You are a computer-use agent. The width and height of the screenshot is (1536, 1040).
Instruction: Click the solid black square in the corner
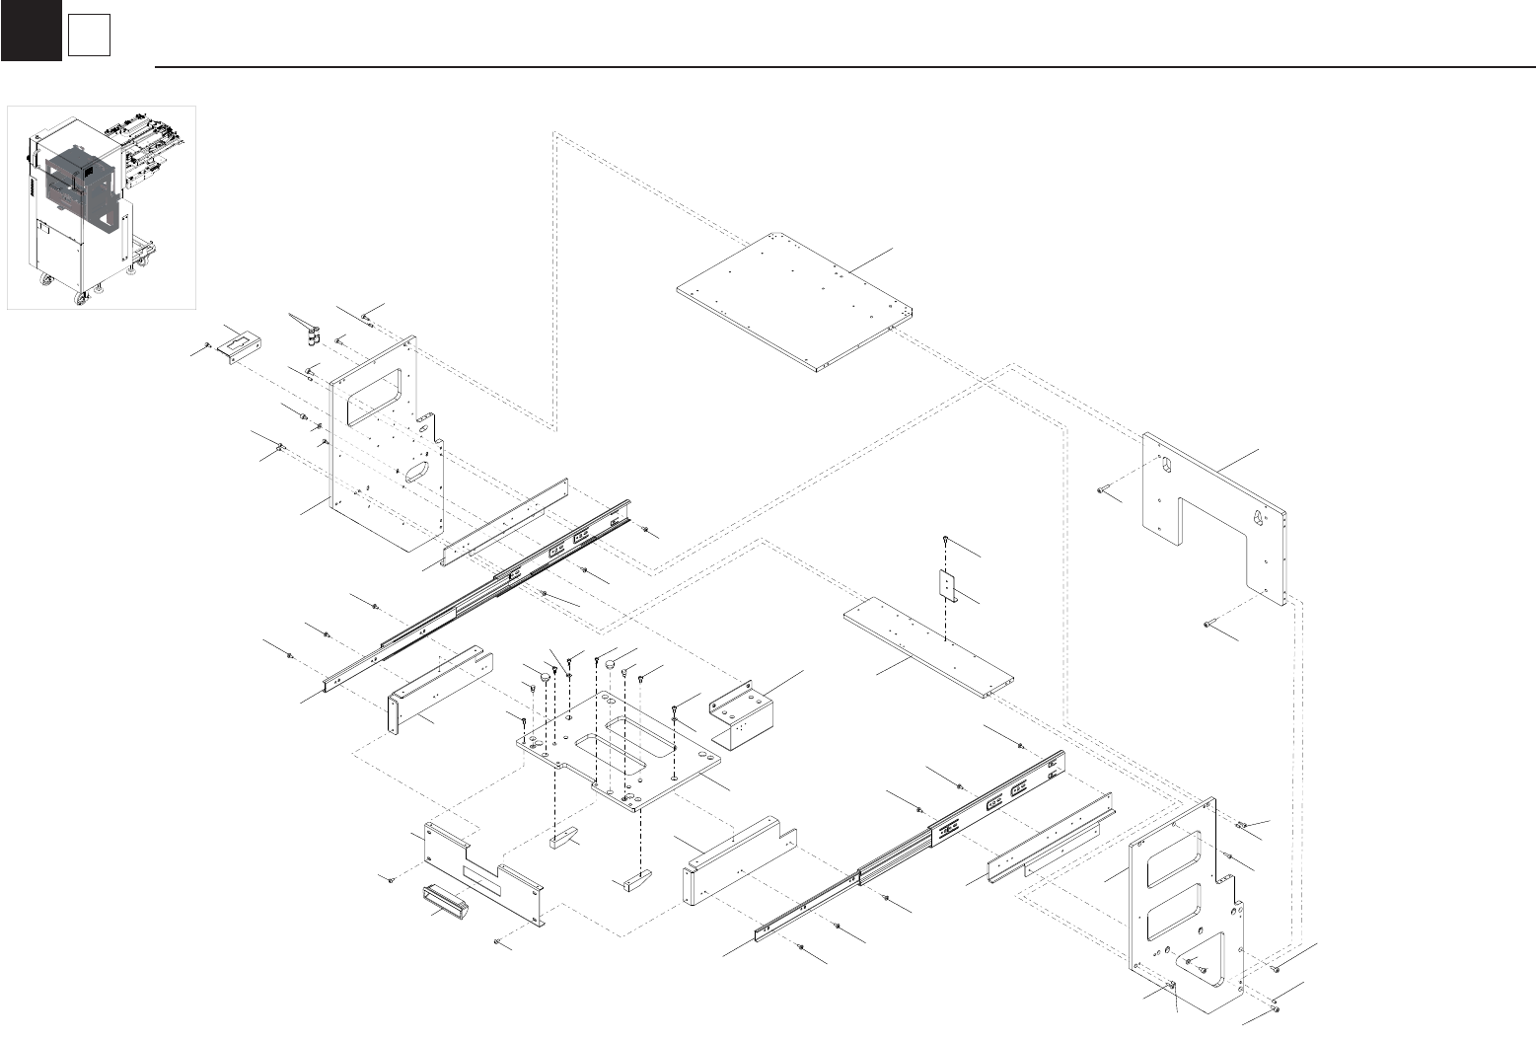pos(31,31)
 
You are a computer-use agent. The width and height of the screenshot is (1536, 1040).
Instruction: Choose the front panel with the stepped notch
pos(483,873)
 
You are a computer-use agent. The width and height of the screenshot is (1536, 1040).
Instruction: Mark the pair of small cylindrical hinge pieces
pos(314,338)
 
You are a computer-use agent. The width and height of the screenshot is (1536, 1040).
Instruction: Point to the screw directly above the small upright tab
pos(946,541)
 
